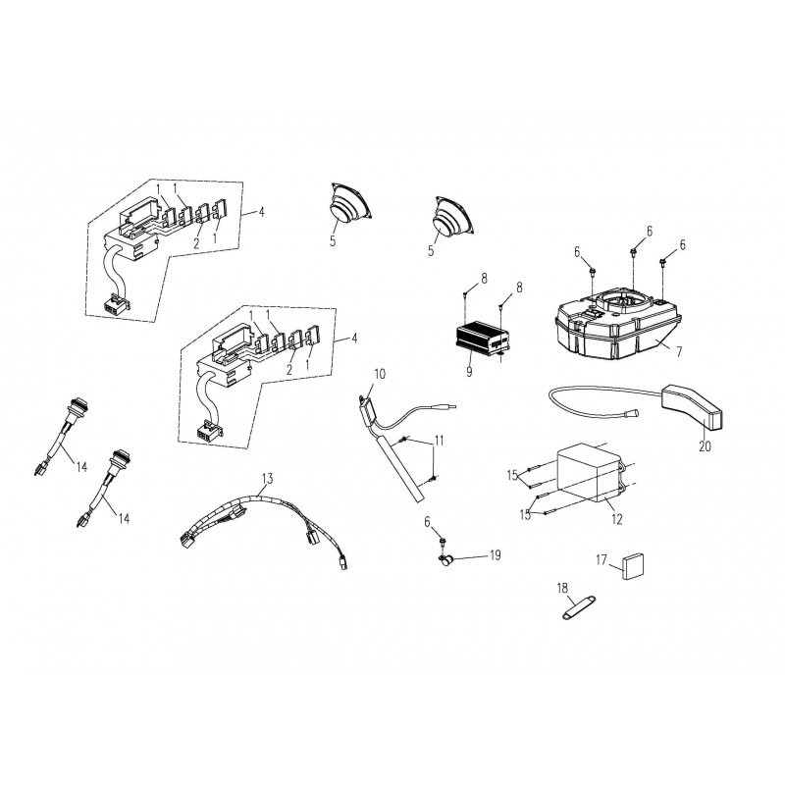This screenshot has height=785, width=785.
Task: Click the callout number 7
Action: [x=679, y=352]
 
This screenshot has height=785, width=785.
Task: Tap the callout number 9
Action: [x=469, y=372]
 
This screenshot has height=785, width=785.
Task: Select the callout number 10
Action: [x=380, y=374]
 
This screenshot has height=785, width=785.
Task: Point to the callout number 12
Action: [x=617, y=520]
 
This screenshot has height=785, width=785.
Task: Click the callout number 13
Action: [x=267, y=479]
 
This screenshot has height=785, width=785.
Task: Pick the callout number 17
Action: [x=602, y=559]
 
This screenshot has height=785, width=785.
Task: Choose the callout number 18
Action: [x=562, y=587]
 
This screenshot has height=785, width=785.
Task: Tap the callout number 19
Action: [x=496, y=555]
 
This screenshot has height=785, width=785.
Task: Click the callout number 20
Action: [x=705, y=445]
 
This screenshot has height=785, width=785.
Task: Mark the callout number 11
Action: [x=439, y=441]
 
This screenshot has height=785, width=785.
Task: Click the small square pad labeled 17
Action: [x=633, y=566]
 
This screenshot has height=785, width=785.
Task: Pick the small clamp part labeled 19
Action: [x=445, y=560]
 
